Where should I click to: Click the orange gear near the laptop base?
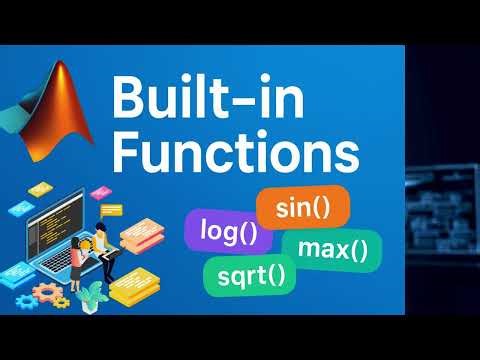tap(45, 293)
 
